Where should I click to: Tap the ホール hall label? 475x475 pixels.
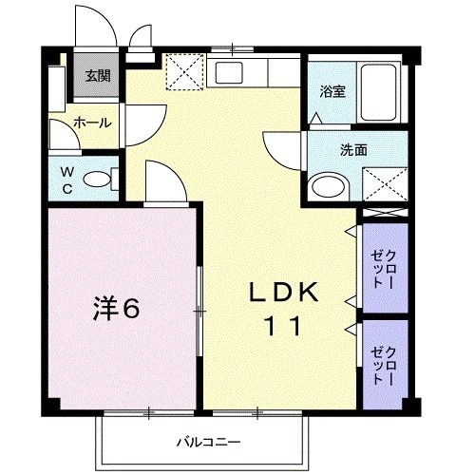tap(92, 123)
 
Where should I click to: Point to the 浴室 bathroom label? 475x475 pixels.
tap(332, 92)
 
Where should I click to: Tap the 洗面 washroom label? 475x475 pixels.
tap(354, 149)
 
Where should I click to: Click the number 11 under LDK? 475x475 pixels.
tap(283, 327)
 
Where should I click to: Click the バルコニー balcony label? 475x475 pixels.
tap(208, 442)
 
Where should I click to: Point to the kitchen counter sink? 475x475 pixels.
tap(231, 72)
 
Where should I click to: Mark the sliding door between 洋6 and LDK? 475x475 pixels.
tap(199, 309)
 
